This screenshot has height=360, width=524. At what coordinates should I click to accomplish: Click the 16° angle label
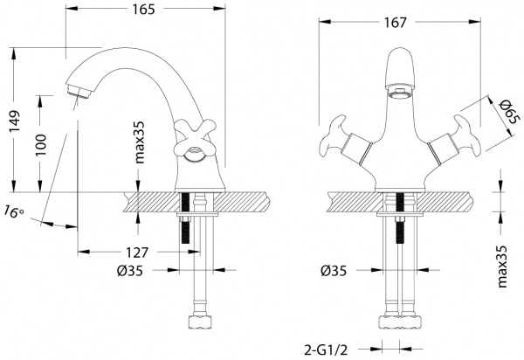point(12,211)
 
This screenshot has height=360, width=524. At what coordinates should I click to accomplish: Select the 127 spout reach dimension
point(134,252)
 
